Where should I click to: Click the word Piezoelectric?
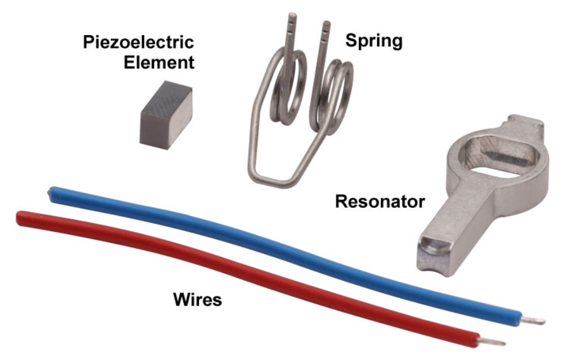pyautogui.click(x=138, y=44)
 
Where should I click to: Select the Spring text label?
pyautogui.click(x=374, y=41)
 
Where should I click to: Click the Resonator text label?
pyautogui.click(x=379, y=202)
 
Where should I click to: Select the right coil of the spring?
pyautogui.click(x=333, y=95)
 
